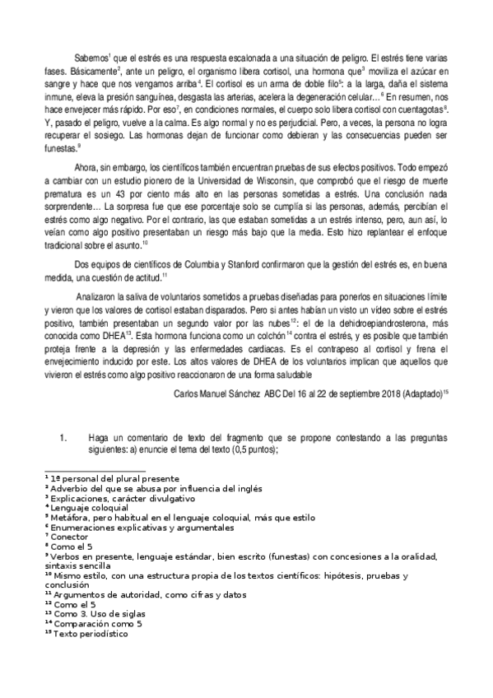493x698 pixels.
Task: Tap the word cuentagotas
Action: [x=418, y=109]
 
